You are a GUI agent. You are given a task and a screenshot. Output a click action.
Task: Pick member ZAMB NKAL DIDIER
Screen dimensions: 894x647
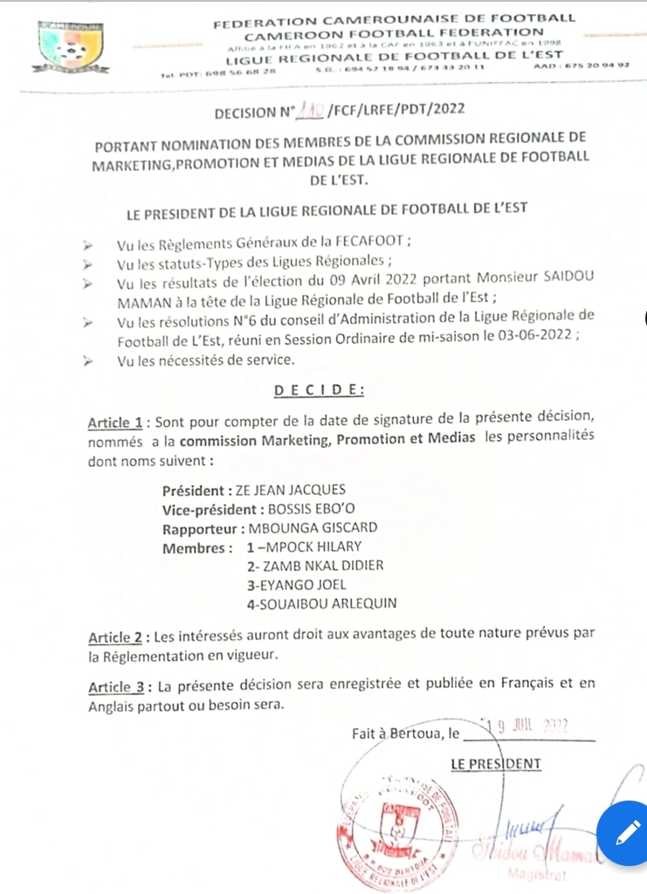pyautogui.click(x=316, y=566)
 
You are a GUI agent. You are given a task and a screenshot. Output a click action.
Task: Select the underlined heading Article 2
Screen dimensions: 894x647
pyautogui.click(x=115, y=636)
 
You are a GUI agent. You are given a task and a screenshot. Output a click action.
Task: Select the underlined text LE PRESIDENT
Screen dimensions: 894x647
pyautogui.click(x=496, y=765)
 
